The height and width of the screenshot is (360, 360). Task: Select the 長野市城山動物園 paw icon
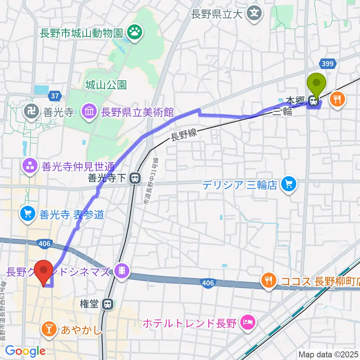(x=133, y=33)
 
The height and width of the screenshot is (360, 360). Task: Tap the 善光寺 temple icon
(x=30, y=111)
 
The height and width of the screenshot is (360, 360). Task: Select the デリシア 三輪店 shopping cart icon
(x=289, y=184)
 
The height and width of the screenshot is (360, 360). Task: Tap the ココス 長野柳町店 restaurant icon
(x=268, y=280)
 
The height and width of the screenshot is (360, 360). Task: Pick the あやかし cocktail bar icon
(x=49, y=330)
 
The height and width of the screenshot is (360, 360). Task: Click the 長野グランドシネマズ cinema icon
(x=122, y=271)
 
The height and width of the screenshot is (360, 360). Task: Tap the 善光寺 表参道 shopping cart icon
(x=28, y=214)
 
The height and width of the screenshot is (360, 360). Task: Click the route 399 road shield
(x=327, y=64)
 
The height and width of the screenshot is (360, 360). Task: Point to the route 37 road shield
(x=55, y=96)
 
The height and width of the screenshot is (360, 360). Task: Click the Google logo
(x=25, y=351)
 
